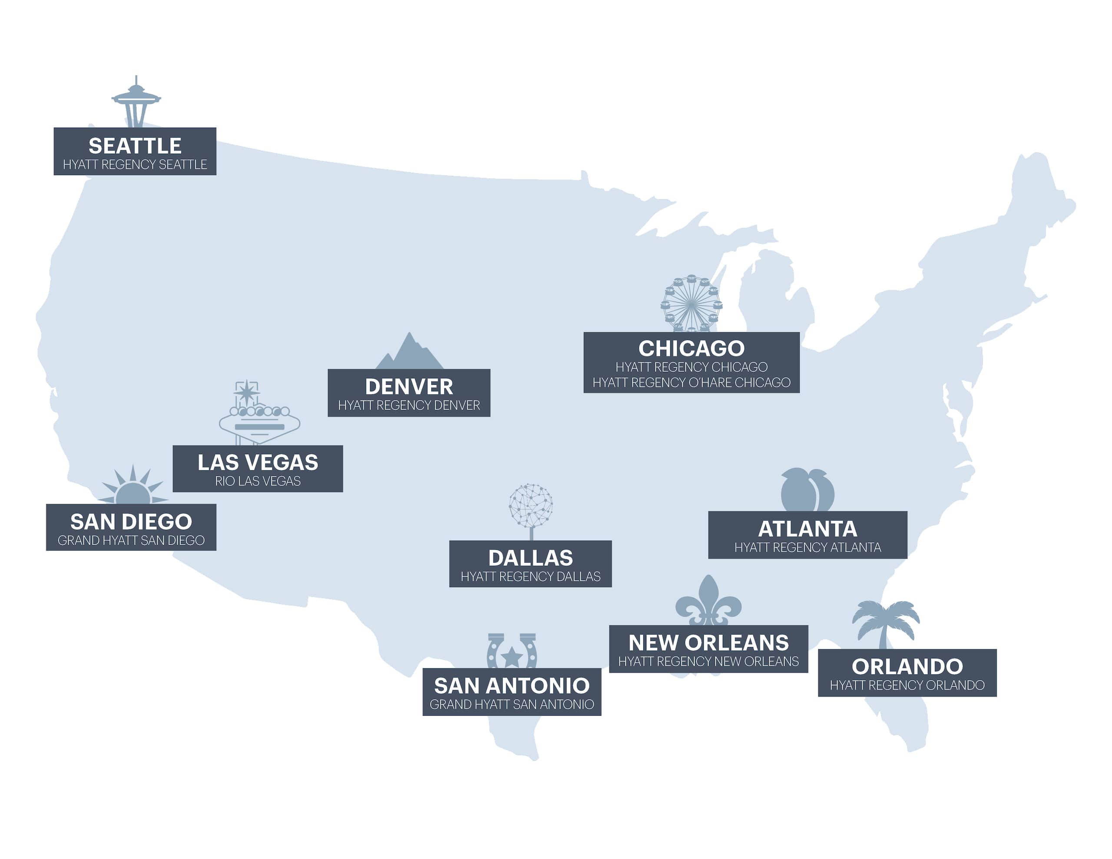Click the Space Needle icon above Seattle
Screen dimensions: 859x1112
point(136,102)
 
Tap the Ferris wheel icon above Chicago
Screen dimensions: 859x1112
point(691,304)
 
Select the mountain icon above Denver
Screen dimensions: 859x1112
point(409,354)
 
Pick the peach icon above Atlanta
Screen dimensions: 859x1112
point(807,490)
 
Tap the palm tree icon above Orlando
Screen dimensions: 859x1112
point(885,624)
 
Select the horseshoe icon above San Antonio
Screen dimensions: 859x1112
point(512,651)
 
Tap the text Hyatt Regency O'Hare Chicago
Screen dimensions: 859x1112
point(692,383)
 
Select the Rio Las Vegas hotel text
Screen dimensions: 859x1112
point(258,481)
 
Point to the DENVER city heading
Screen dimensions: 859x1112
point(409,387)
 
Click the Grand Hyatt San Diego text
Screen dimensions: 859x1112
point(131,540)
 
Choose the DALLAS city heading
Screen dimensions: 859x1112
point(530,558)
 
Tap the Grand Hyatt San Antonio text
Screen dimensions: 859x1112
point(512,704)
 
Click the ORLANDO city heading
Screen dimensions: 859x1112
point(907,667)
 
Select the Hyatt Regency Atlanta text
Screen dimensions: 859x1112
point(808,547)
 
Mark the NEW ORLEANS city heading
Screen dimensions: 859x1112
point(708,643)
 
